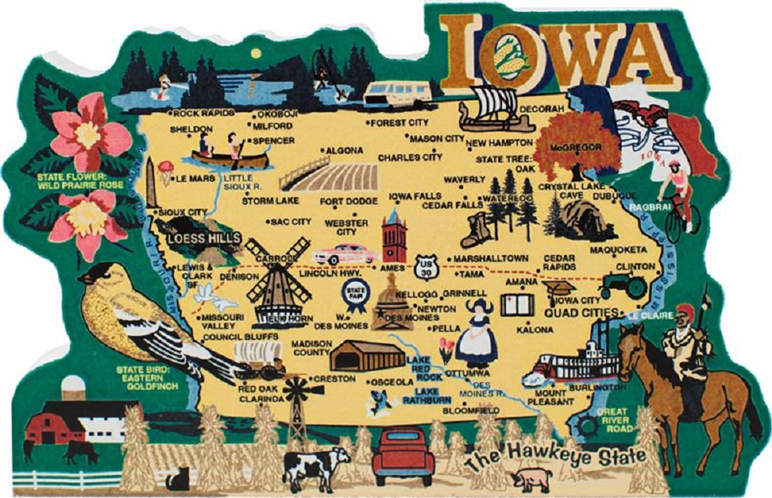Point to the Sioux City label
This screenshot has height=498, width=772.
click(x=182, y=213)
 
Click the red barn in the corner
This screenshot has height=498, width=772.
click(x=54, y=426)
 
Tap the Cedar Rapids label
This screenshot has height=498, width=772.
click(x=559, y=262)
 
